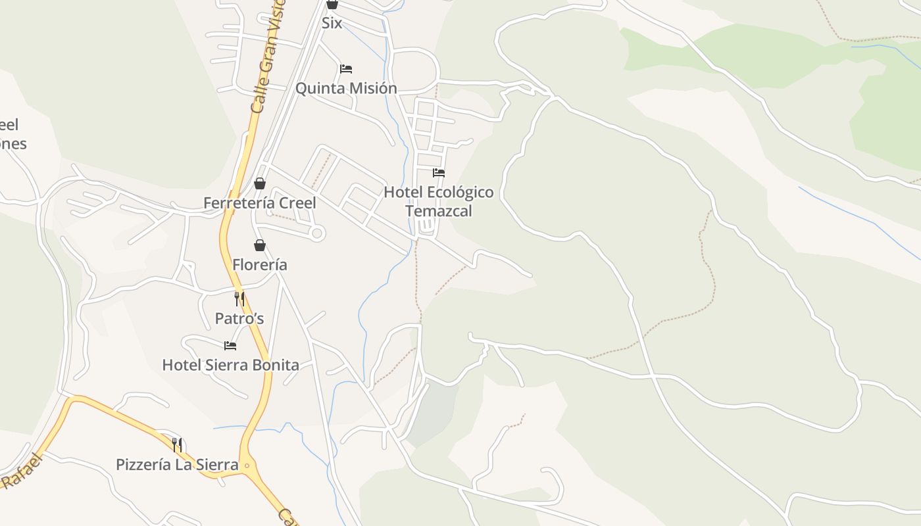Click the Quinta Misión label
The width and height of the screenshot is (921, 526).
point(346,88)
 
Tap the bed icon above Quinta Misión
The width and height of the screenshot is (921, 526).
point(346,69)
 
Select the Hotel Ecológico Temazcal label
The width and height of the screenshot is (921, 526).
point(439,201)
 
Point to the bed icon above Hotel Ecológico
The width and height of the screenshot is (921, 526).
point(439,173)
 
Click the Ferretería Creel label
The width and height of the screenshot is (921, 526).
point(260,203)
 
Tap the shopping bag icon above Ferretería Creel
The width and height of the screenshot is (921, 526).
point(260,183)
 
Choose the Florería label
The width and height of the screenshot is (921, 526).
point(260,265)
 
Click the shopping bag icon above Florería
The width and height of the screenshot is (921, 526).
point(260,245)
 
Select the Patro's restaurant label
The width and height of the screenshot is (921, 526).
point(239,319)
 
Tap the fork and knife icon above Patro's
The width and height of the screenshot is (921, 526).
point(239,299)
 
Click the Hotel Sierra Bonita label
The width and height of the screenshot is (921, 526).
point(230,365)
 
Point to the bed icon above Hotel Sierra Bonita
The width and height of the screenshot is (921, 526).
point(230,345)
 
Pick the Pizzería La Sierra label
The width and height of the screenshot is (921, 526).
point(177,465)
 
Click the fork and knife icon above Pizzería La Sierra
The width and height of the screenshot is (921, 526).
point(177,445)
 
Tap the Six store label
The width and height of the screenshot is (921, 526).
point(332,23)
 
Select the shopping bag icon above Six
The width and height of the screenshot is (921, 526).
point(332,4)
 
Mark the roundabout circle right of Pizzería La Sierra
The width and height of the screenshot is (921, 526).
point(247,466)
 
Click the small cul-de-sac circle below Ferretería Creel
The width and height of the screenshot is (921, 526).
point(317,233)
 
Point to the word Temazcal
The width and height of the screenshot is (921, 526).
point(439,211)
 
